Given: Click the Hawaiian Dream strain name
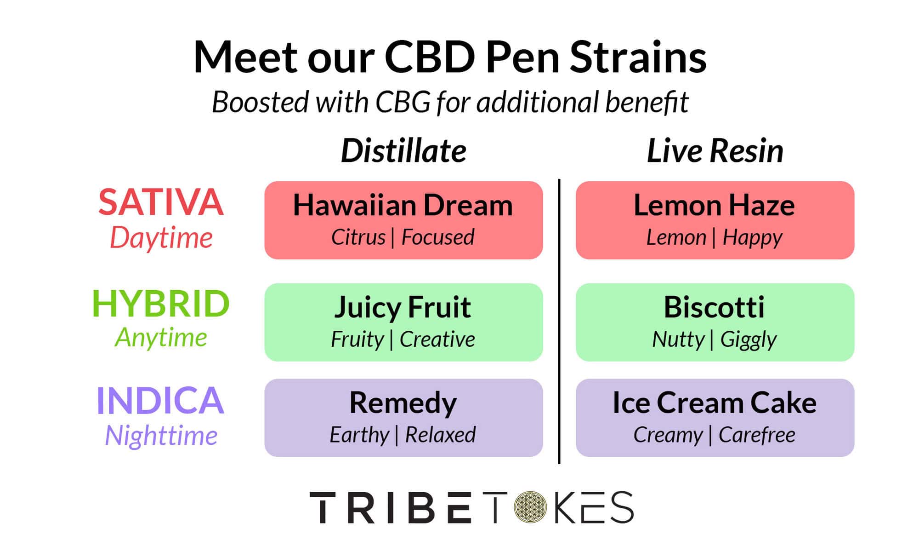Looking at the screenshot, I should point(403,205).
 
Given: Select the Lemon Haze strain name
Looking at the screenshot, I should point(714,205).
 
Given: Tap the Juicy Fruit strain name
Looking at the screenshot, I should point(403,307).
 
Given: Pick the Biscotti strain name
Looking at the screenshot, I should point(714,307).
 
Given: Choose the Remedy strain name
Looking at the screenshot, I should point(403,403).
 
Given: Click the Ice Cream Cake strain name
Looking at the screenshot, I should point(714,403).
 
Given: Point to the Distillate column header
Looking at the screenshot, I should point(403,151).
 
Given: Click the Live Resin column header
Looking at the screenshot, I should point(715,151).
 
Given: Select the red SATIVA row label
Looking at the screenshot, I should point(161,202).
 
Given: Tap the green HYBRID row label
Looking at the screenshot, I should point(161,304).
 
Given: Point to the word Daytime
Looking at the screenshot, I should point(161,238).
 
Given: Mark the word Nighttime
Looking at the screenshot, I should point(161,435).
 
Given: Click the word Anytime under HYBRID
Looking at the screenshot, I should point(161,338).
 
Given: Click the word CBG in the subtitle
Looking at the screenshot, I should point(403,102).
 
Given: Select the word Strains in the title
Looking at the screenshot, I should point(638,57).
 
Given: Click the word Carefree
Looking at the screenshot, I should point(756,435).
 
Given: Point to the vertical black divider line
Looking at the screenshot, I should point(559,322).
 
